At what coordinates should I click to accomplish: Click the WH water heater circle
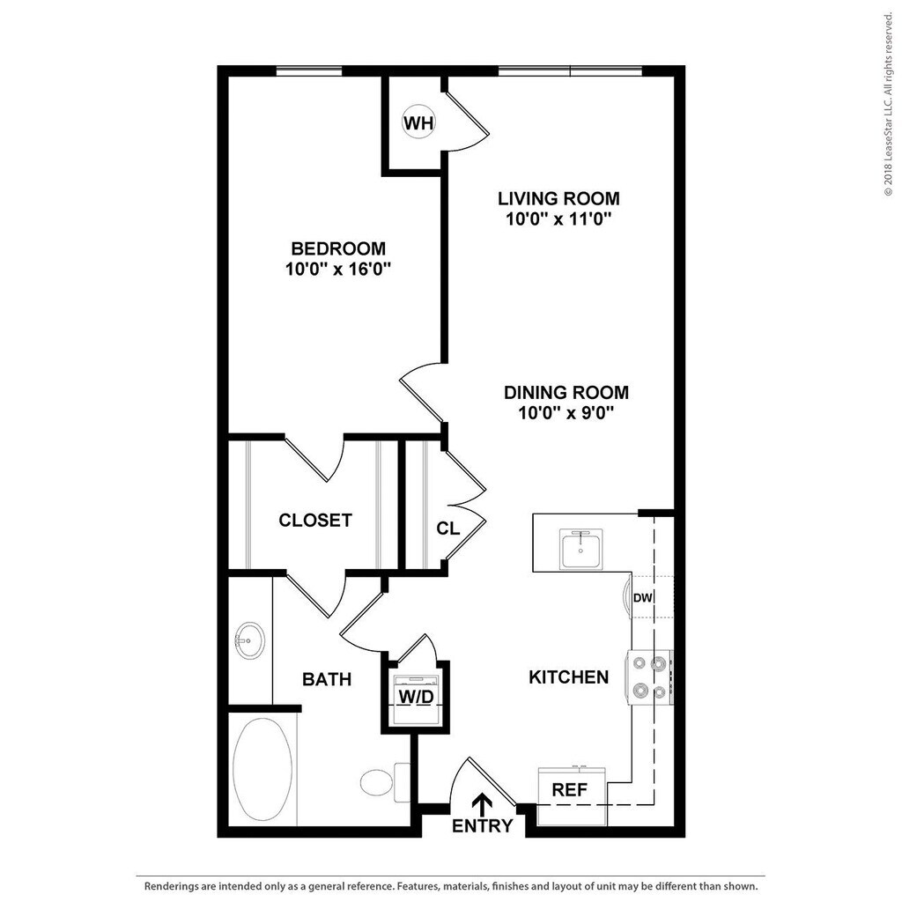click(418, 122)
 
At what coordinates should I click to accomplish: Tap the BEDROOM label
click(338, 248)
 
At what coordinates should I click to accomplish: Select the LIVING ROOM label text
click(558, 198)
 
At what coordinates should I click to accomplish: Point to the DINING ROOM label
click(566, 393)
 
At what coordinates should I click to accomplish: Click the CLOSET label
click(315, 520)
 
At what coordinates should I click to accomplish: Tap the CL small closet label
click(448, 529)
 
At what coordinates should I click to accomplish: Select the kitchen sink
click(581, 550)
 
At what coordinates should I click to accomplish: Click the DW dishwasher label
click(643, 598)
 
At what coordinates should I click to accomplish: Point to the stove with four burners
click(649, 677)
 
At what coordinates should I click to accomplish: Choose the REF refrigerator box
click(569, 789)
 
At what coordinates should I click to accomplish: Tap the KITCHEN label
click(568, 676)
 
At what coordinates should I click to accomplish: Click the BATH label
click(327, 679)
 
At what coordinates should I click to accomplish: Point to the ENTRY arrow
click(482, 804)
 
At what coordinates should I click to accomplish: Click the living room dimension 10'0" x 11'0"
click(558, 219)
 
